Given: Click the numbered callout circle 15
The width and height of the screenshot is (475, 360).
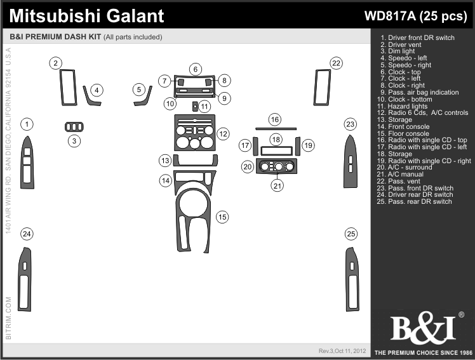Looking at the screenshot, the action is [222, 217].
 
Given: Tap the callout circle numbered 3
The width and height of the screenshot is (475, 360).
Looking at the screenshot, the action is [74, 141].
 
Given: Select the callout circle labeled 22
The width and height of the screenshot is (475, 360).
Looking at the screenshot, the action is [337, 63].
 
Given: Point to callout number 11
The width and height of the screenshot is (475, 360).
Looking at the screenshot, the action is [204, 106].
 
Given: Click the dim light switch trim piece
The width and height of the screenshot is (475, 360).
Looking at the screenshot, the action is [74, 127].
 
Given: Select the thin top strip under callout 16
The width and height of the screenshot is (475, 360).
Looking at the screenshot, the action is [276, 129].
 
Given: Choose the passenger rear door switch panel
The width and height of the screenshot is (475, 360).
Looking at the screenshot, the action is [352, 279].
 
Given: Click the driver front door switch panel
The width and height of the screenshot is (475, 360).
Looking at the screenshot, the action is [27, 162].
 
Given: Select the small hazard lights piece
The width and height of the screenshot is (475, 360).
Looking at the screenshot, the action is [195, 107].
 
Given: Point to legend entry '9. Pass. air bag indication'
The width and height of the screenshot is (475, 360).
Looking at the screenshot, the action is [420, 92].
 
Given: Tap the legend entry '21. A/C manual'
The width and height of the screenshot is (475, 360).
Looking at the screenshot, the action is [400, 174].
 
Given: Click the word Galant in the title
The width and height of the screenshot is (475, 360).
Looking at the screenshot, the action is [135, 16].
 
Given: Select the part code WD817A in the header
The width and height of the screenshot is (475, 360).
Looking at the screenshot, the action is [390, 16].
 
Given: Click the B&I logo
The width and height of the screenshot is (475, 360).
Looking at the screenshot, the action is [424, 328].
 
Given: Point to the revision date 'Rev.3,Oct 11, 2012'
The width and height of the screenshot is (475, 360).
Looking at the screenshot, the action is [342, 351].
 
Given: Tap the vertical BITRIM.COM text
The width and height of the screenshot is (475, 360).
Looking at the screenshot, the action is [8, 318].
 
